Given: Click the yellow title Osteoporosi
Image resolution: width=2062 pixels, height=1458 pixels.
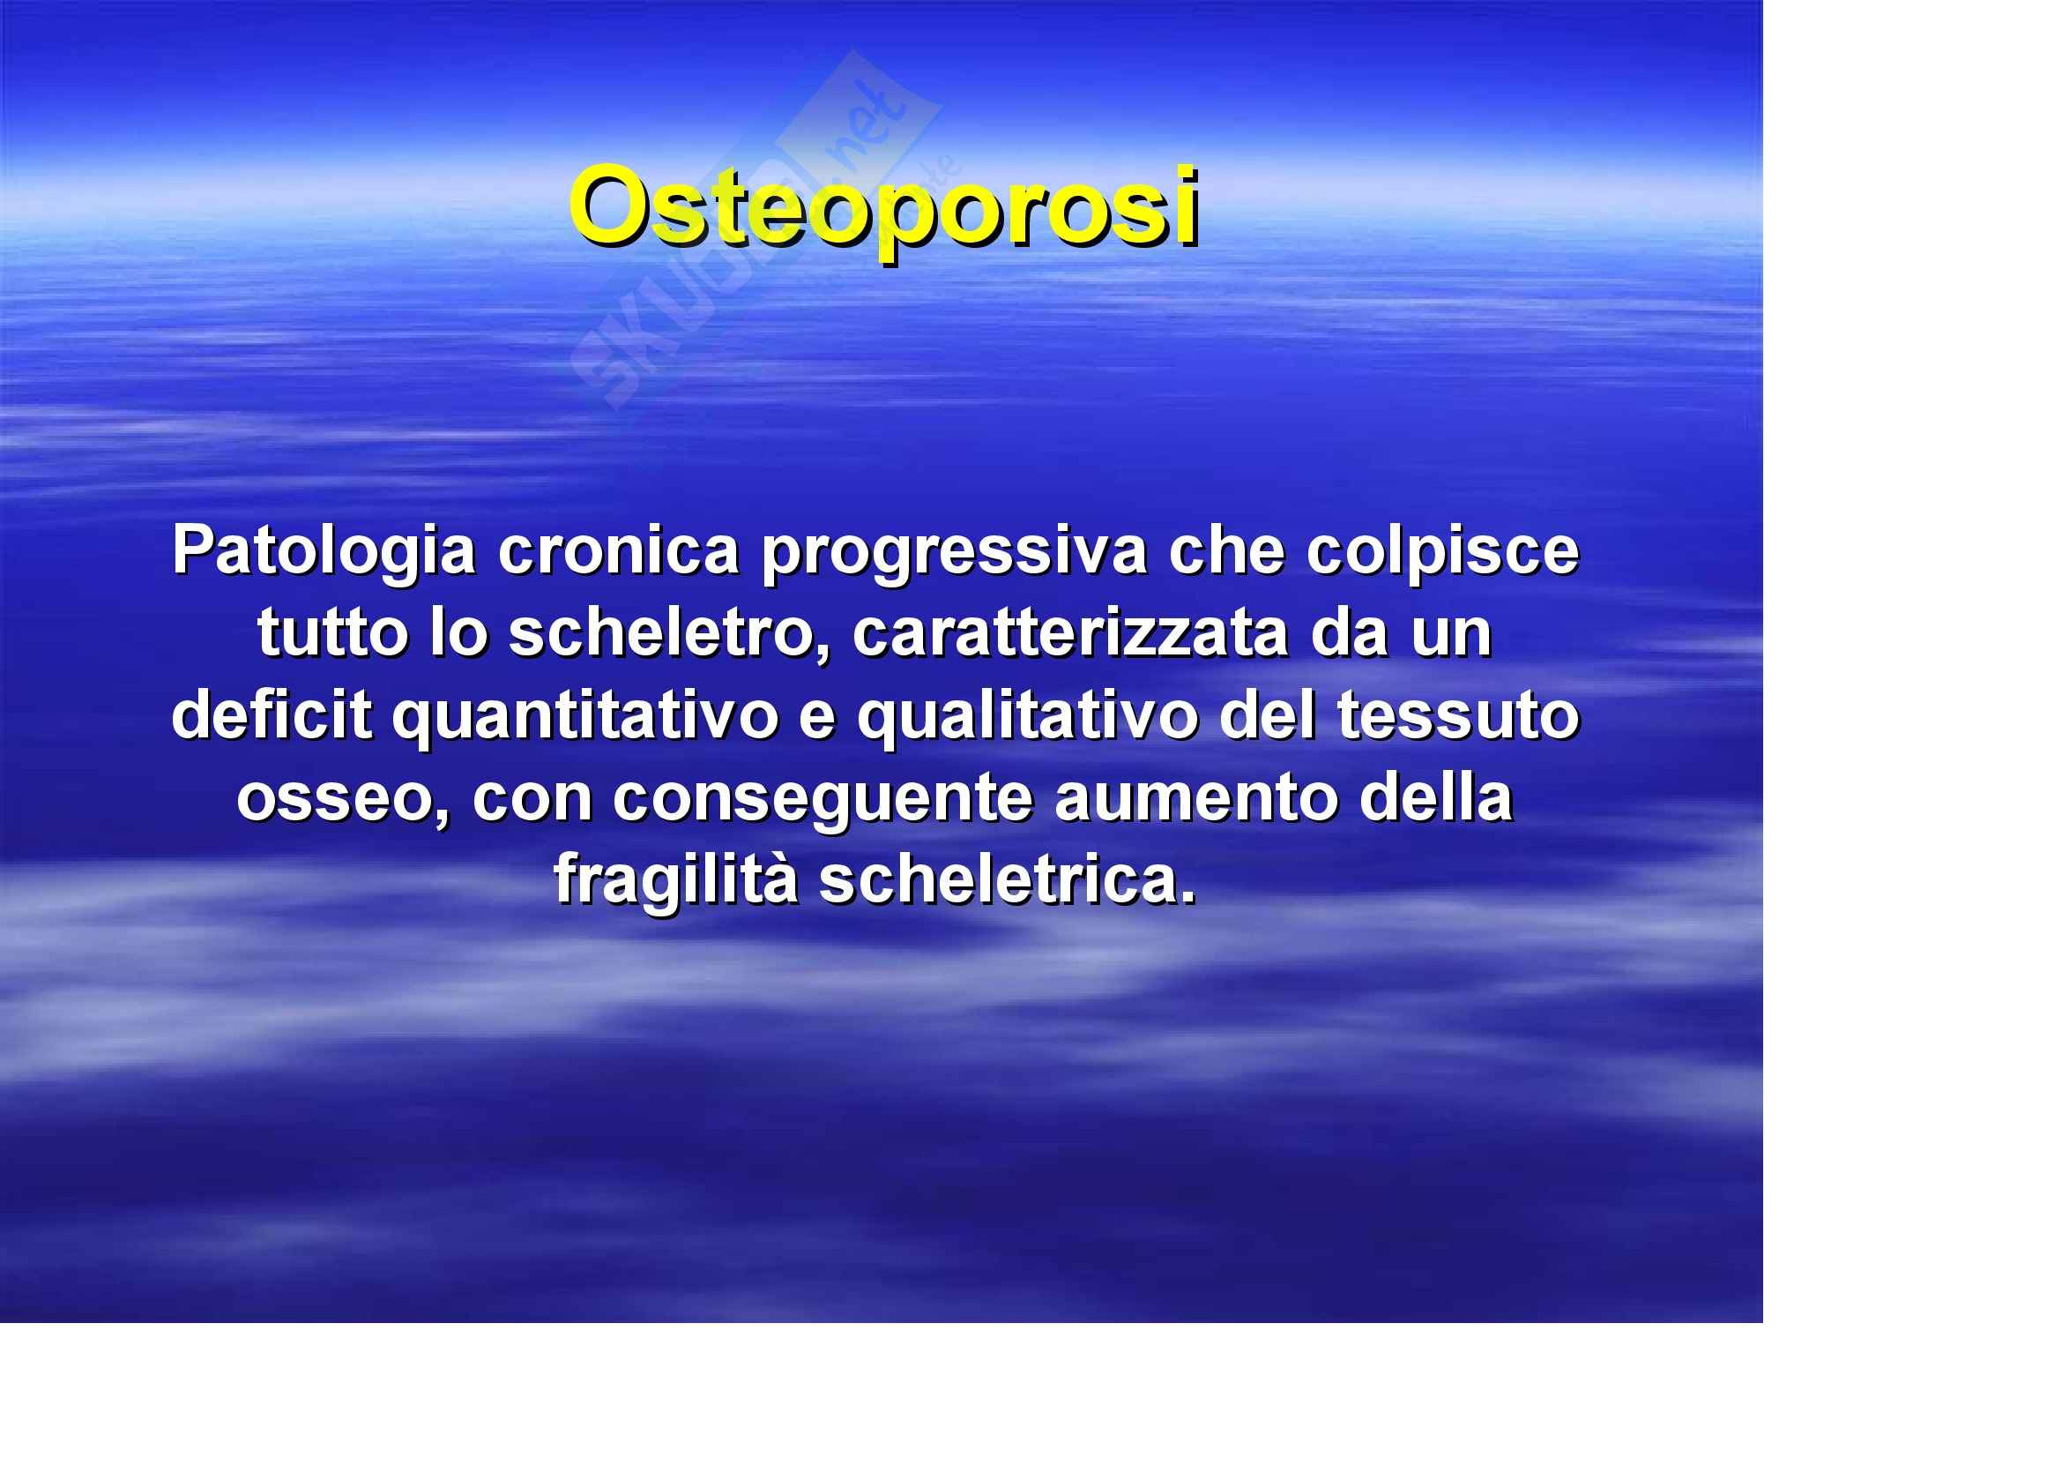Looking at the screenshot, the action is (884, 212).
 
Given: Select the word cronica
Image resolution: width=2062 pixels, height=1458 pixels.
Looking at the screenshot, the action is (619, 550).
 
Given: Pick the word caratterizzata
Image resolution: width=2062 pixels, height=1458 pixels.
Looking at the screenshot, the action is (1070, 632).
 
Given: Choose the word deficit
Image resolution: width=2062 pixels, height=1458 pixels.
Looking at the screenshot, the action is (272, 715).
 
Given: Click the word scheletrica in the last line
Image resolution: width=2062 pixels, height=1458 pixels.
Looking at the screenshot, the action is (1008, 880).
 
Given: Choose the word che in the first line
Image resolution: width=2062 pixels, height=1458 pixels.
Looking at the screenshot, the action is (1226, 550).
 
